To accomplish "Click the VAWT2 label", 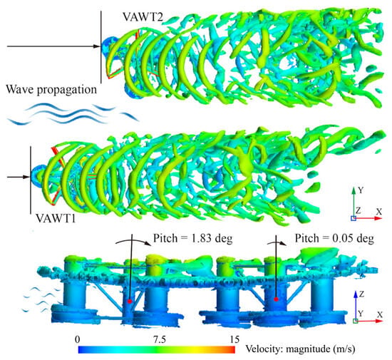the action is (143, 17).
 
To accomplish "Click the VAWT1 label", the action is (56, 218).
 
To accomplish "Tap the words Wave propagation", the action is (51, 90).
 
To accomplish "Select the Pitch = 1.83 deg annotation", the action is (192, 238).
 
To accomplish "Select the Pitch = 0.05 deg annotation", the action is (334, 238).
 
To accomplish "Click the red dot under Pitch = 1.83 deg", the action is (130, 301).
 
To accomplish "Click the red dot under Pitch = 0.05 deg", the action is (277, 299).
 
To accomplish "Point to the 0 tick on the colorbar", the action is (78, 339).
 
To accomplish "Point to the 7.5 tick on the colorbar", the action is (160, 339).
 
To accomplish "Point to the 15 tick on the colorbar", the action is (234, 339).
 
